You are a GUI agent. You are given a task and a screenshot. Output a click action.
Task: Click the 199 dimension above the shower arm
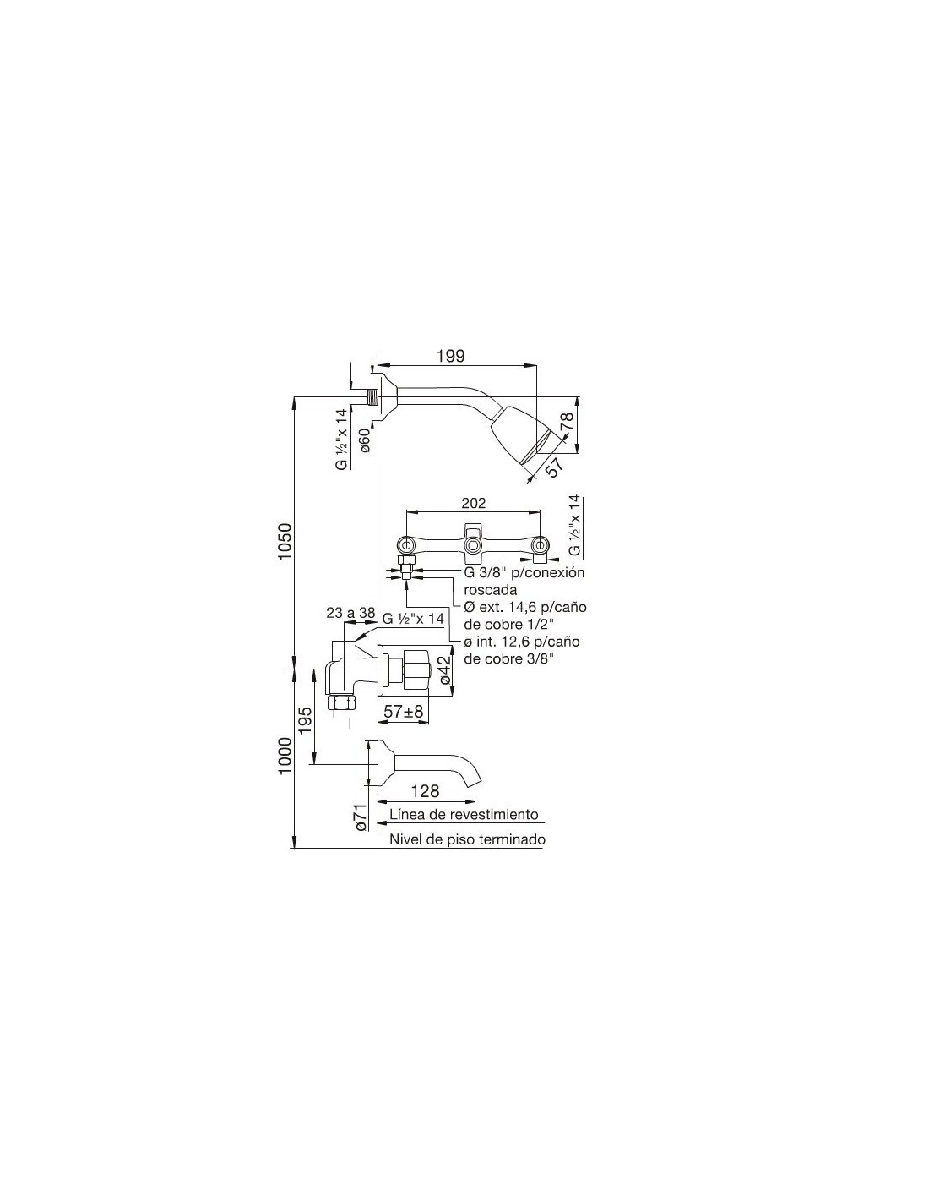(450, 356)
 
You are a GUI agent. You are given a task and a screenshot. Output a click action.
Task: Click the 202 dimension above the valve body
(473, 503)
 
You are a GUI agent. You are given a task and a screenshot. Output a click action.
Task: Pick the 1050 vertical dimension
(284, 541)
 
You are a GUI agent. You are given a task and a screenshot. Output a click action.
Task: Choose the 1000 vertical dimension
(284, 757)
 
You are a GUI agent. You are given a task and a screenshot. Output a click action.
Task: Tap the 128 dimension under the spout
(425, 791)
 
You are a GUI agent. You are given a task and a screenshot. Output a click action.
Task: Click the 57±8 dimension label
(404, 711)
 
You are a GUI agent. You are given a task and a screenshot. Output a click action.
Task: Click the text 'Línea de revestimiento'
(463, 814)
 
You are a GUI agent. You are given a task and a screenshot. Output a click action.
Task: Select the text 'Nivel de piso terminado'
(468, 839)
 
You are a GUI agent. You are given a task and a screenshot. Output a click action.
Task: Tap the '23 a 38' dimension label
(350, 614)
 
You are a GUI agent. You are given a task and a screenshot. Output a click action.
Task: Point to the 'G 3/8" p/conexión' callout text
(524, 572)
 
